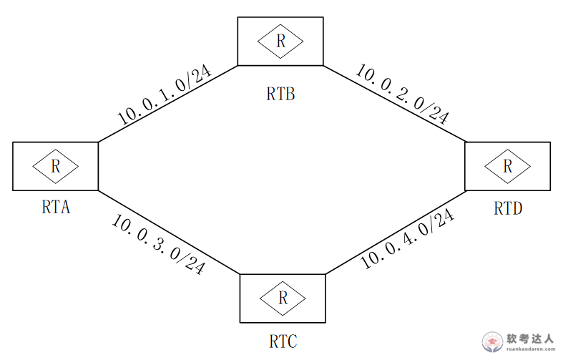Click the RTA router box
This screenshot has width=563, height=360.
[55, 166]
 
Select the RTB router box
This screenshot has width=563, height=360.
[280, 42]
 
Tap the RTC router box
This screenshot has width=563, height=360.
[282, 296]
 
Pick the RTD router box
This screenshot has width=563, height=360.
[507, 166]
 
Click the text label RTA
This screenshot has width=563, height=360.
[55, 208]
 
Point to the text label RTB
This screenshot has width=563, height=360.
[280, 93]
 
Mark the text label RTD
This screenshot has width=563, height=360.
[508, 208]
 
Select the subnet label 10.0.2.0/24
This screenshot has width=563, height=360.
[402, 93]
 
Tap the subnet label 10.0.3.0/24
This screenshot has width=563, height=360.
[158, 244]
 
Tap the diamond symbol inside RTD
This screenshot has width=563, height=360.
[507, 166]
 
